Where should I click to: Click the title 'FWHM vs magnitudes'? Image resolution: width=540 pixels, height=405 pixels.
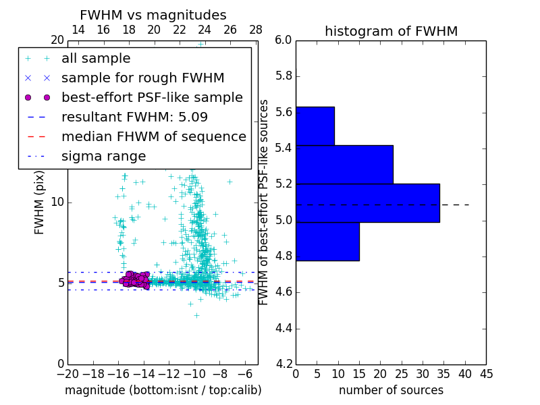point(153,15)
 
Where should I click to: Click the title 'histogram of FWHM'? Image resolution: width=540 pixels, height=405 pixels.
point(391,31)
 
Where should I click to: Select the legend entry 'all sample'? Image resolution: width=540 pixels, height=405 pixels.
point(96,59)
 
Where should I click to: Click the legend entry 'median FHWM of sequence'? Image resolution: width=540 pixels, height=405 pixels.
point(153,136)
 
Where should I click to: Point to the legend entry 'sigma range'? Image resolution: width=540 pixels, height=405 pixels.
point(103,156)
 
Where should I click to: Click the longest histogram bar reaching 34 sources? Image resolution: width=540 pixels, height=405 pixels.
point(367,202)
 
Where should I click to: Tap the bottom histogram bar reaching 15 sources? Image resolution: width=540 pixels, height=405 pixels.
point(327,241)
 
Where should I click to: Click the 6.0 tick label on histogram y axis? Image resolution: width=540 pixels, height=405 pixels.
point(283,40)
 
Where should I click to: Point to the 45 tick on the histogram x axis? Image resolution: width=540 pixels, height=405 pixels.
point(486,373)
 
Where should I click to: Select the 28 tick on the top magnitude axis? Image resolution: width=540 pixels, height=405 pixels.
point(256,30)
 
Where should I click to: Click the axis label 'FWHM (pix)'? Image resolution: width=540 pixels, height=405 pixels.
point(40,202)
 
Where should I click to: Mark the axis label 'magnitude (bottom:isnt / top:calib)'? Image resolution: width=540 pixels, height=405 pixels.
point(163,390)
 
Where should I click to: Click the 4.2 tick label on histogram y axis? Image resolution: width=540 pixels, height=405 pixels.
point(283,364)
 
